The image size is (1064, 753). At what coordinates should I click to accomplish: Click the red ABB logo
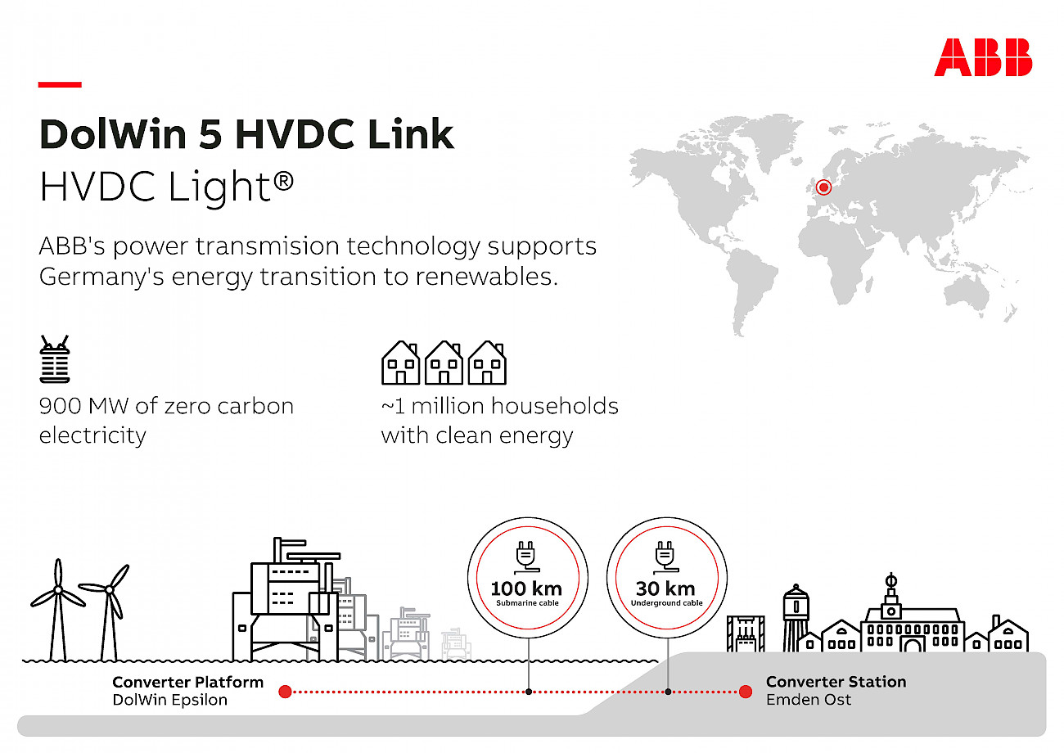983,57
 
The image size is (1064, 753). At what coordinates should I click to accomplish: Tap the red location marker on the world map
823,187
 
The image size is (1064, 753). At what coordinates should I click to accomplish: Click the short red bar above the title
60,84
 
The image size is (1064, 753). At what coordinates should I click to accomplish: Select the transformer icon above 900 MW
55,358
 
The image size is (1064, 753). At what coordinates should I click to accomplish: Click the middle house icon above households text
444,363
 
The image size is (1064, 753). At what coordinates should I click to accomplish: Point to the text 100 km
526,588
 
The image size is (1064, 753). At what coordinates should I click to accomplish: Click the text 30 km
665,588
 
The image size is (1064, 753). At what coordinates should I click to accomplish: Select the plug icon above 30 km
666,557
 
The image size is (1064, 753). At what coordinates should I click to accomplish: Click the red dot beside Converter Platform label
285,692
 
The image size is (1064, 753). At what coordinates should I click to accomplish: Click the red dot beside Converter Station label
746,692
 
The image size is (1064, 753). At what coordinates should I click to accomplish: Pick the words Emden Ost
809,700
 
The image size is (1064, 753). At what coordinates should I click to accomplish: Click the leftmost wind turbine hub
58,589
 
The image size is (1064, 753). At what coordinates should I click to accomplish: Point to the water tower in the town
796,617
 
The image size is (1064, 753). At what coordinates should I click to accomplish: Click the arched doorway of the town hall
913,645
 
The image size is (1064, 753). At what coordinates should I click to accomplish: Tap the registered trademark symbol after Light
283,182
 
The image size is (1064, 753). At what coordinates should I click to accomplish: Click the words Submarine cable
527,603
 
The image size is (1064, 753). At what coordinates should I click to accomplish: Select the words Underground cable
666,603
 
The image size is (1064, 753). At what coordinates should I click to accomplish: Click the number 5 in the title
211,134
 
